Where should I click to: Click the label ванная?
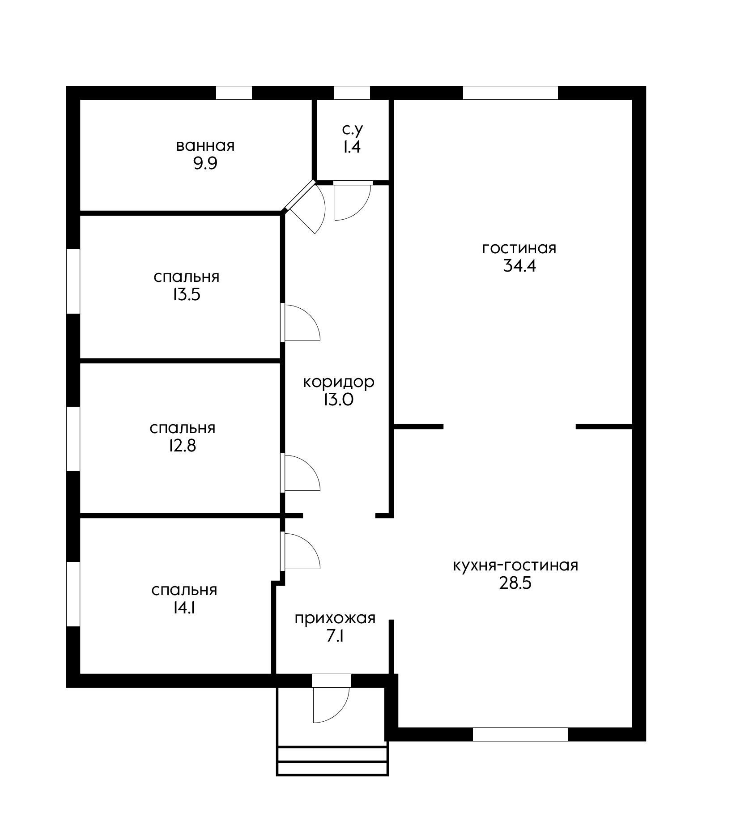click(x=205, y=146)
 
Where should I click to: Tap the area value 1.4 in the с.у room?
click(x=352, y=147)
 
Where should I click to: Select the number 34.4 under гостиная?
click(x=519, y=266)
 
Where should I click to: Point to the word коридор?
click(x=339, y=382)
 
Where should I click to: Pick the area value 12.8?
click(x=182, y=446)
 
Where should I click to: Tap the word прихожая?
click(x=335, y=618)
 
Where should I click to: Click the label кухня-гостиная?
click(x=515, y=566)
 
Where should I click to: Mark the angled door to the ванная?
click(x=304, y=207)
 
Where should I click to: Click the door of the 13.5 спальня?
click(x=300, y=322)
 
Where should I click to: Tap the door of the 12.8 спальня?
click(x=300, y=472)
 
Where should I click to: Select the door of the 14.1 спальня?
click(x=300, y=551)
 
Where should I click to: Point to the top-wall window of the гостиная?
click(x=511, y=93)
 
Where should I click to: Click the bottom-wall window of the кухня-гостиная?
click(x=520, y=735)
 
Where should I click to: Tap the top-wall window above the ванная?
click(x=234, y=93)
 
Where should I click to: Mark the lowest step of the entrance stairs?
click(x=332, y=768)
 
